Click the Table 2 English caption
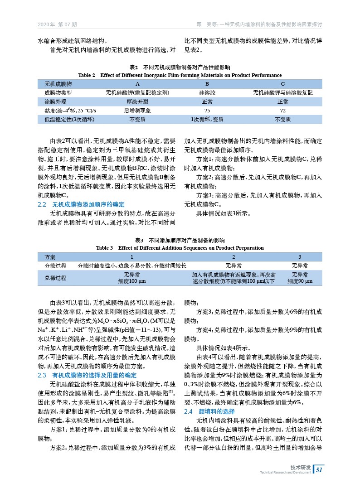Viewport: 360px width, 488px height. (x=180, y=75)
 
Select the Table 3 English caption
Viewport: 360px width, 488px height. (x=180, y=248)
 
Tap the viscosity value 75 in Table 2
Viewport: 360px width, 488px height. (x=207, y=111)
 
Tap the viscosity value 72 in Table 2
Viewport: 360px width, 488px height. (x=282, y=111)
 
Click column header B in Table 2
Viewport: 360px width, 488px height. (x=207, y=84)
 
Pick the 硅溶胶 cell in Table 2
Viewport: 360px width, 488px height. (x=207, y=93)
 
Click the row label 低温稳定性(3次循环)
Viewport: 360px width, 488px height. (x=69, y=120)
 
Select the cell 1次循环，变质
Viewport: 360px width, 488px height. (x=207, y=120)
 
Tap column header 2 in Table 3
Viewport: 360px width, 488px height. (x=234, y=257)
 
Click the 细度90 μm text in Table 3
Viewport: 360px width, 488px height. (x=300, y=281)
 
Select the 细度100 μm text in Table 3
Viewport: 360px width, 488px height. (x=131, y=281)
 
